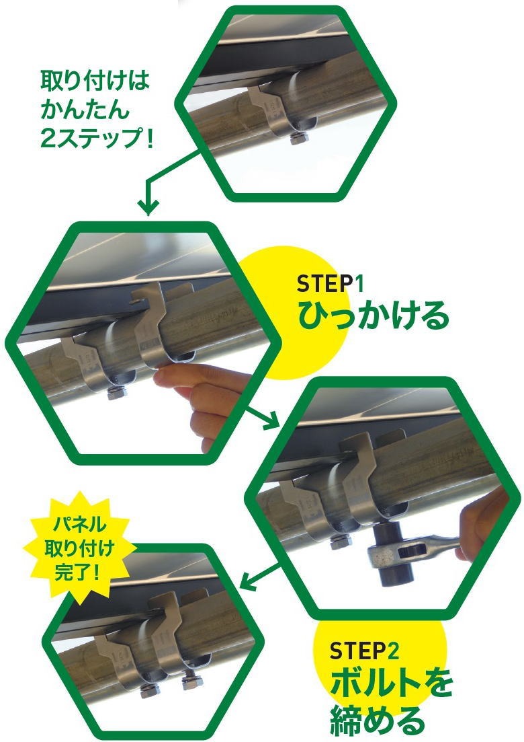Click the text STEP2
click(x=364, y=651)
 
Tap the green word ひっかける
click(x=373, y=314)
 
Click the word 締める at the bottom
click(x=377, y=720)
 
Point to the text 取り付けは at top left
click(x=95, y=81)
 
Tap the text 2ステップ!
click(x=97, y=138)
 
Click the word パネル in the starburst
click(x=79, y=524)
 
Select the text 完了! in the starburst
click(x=77, y=572)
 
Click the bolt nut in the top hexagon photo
click(x=299, y=138)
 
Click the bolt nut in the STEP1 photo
click(x=116, y=392)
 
